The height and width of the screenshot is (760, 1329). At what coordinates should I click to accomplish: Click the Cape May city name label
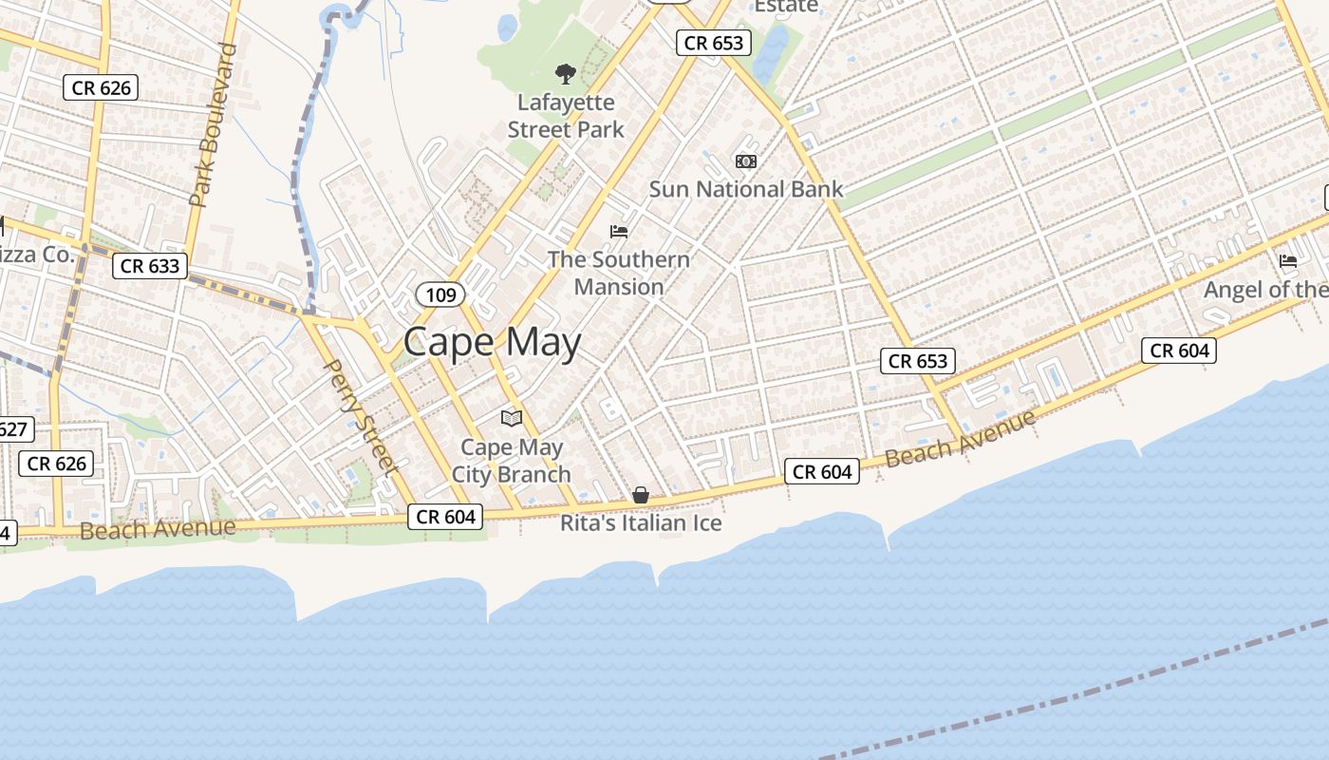[492, 342]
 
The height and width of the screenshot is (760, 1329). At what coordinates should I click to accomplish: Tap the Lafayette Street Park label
[566, 116]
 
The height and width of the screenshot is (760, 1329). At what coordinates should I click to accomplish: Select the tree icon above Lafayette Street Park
[566, 73]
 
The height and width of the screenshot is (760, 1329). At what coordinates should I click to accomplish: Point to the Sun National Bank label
[745, 189]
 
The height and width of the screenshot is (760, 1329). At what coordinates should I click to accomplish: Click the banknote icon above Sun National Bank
[746, 161]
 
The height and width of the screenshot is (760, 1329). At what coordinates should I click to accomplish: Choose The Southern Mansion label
[619, 273]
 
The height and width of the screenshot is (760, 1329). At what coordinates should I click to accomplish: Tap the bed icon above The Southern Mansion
[619, 231]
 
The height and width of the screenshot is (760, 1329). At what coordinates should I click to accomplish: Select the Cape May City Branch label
[511, 461]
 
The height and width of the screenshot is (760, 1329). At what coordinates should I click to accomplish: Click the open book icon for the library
[512, 418]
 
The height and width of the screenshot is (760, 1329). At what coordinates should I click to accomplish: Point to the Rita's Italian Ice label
[641, 523]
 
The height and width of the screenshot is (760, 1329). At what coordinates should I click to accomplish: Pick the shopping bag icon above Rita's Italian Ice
[641, 495]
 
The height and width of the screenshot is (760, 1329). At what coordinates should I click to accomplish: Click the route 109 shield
[440, 294]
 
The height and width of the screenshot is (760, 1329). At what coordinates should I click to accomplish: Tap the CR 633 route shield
[150, 266]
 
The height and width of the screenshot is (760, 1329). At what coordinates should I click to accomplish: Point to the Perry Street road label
[360, 416]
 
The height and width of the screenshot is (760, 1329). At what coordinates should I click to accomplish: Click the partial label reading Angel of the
[1265, 290]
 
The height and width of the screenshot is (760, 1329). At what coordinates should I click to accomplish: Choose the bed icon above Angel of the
[1288, 260]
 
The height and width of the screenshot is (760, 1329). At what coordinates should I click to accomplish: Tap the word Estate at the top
[785, 7]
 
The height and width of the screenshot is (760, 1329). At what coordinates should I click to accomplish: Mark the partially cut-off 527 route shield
[13, 429]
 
